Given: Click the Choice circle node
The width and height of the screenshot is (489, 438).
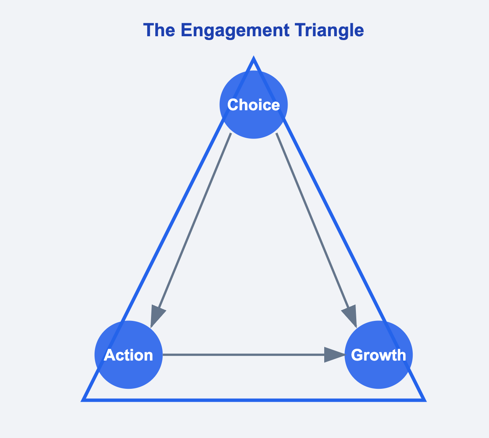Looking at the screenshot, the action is click(x=253, y=105).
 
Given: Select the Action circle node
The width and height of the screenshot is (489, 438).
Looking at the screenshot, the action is click(x=129, y=355).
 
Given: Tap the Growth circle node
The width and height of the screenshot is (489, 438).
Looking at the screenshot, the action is click(x=378, y=355).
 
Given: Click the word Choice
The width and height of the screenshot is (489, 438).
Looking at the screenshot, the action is click(x=253, y=105).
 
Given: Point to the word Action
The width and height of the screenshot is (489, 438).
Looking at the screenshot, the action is click(x=129, y=355).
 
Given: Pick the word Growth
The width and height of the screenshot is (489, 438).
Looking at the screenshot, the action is click(x=378, y=355).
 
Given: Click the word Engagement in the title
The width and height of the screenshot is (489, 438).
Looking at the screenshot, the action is click(x=235, y=31).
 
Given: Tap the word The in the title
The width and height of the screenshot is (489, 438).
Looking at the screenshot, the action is click(x=159, y=30).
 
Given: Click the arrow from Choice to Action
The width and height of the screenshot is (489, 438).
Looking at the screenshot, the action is click(x=191, y=230).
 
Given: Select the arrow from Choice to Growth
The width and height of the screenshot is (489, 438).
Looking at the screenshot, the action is click(x=316, y=230).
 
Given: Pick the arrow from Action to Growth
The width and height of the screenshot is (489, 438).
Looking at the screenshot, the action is click(x=254, y=355).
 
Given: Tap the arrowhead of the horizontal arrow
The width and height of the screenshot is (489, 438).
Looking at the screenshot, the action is click(x=334, y=355).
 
